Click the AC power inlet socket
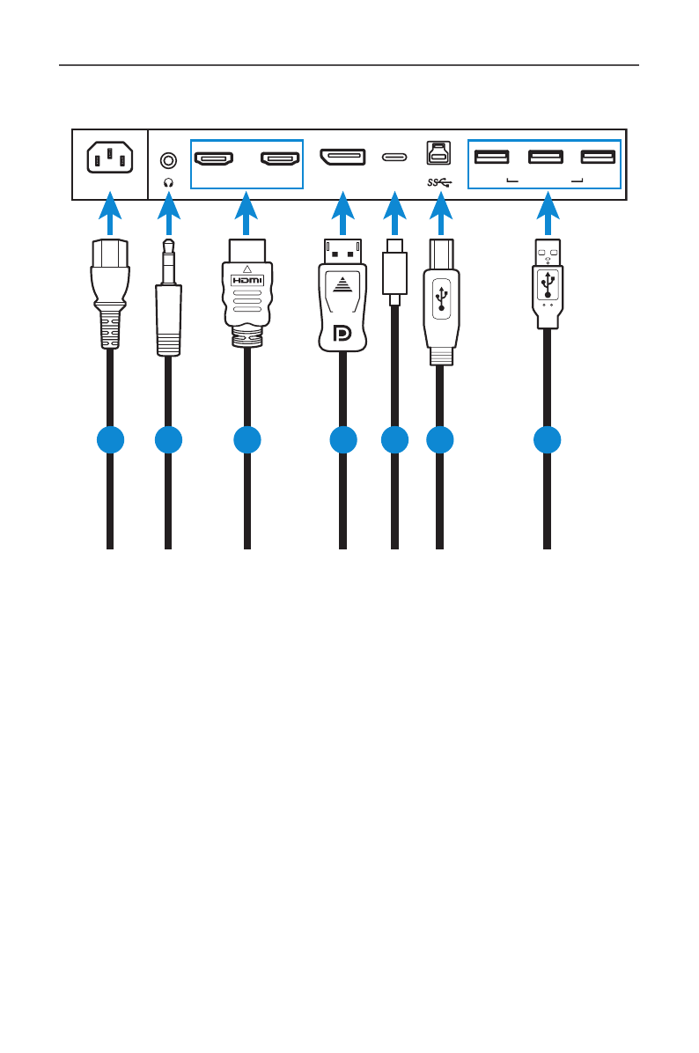coord(108,159)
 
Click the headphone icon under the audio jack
coord(168,181)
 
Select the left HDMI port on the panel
coord(213,159)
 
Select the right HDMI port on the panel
coord(278,159)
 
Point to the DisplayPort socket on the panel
coord(342,158)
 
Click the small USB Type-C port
coord(394,158)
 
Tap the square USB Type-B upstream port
coord(438,153)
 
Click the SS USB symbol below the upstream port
coord(438,183)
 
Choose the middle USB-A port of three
coord(545,158)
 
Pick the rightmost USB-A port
coord(598,158)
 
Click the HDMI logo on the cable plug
coord(246,279)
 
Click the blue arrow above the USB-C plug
coord(394,215)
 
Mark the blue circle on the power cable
coord(109,440)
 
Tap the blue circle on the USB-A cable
coord(547,440)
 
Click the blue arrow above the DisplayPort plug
coord(342,215)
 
